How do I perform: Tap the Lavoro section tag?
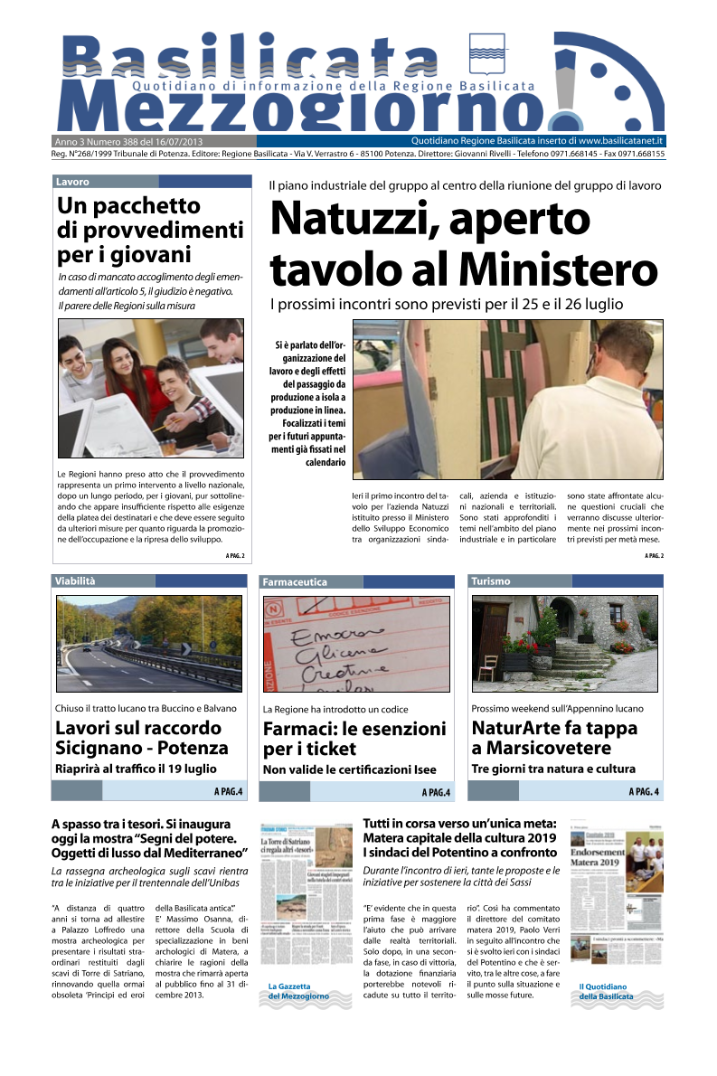pyautogui.click(x=72, y=182)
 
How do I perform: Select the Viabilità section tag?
pyautogui.click(x=75, y=581)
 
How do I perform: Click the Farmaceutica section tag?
pyautogui.click(x=295, y=582)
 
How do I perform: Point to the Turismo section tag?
pyautogui.click(x=491, y=581)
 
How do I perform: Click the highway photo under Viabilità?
pyautogui.click(x=148, y=643)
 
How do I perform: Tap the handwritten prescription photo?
pyautogui.click(x=356, y=644)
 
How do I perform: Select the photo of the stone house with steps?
pyautogui.click(x=564, y=643)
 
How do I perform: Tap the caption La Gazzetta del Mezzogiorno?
pyautogui.click(x=298, y=991)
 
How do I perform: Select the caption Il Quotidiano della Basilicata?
pyautogui.click(x=606, y=991)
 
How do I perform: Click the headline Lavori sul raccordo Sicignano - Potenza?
pyautogui.click(x=142, y=738)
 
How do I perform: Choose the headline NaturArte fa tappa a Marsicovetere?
pyautogui.click(x=554, y=738)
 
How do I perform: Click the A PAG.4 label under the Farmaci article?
pyautogui.click(x=436, y=793)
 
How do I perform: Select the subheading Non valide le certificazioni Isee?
pyautogui.click(x=349, y=769)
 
